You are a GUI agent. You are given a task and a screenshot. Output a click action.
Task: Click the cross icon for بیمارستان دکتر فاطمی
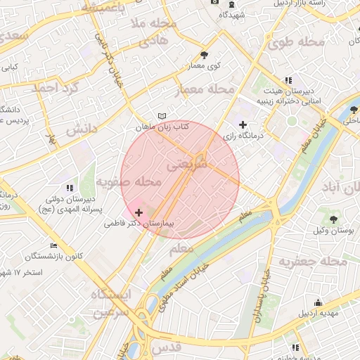pyautogui.click(x=139, y=212)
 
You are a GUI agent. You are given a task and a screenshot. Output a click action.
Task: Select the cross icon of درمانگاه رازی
pyautogui.click(x=243, y=124)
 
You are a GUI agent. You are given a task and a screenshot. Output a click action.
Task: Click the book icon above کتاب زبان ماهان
pyautogui.click(x=162, y=116)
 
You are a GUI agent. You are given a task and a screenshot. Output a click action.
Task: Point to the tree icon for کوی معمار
pyautogui.click(x=204, y=55)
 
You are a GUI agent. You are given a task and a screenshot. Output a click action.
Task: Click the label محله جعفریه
pyautogui.click(x=314, y=262)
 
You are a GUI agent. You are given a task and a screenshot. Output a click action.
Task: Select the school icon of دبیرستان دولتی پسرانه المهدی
pyautogui.click(x=69, y=188)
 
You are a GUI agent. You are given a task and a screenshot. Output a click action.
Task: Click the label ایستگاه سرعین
pyautogui.click(x=110, y=303)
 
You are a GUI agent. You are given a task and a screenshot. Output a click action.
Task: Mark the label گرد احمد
pyautogui.click(x=52, y=88)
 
